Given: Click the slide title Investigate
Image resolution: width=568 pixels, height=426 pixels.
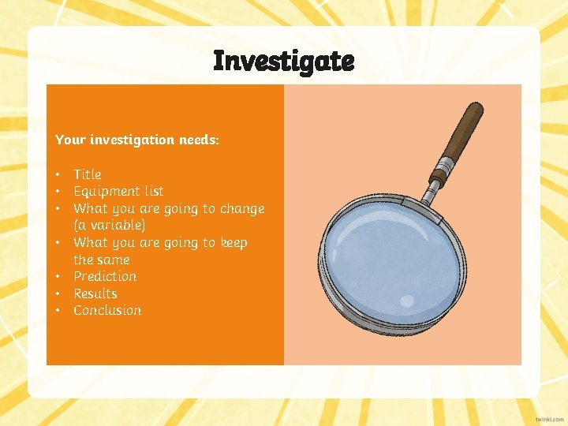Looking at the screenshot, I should pos(284,60).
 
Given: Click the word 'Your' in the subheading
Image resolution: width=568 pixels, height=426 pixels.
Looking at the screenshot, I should pos(69,140).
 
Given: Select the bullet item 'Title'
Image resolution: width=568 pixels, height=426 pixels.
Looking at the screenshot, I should pos(88,174).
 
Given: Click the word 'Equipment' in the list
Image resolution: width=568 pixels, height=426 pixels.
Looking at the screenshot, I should pos(107,192).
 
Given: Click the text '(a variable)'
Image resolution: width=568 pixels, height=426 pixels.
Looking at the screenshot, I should pos(110,226).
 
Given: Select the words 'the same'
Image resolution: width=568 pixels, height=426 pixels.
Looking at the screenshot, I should pos(101,260).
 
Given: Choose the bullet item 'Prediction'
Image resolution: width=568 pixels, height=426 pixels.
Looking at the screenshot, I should pos(105,276).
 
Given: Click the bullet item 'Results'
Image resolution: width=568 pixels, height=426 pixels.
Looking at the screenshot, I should pos(95,293).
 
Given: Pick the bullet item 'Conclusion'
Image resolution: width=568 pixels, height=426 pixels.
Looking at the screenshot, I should pos(107,311).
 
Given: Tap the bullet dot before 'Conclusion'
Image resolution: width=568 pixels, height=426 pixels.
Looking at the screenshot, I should pos(58,311).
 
